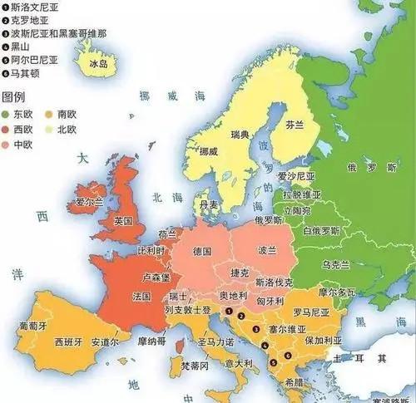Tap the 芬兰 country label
(295, 125)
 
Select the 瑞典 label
(240, 135)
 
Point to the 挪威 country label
(208, 151)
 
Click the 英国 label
(123, 221)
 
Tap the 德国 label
(201, 250)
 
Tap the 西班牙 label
(68, 342)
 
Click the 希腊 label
(293, 383)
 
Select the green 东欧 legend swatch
(8, 112)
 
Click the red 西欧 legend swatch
(8, 130)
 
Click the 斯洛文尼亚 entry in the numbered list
(33, 6)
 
